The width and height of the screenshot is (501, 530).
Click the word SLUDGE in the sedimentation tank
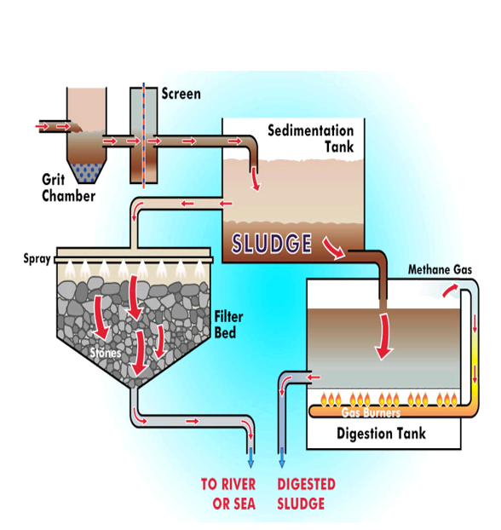[x=272, y=244]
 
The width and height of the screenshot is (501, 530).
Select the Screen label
[x=181, y=94]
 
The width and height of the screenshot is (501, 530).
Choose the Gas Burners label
[x=371, y=413]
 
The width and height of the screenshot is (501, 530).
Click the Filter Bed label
[x=228, y=325]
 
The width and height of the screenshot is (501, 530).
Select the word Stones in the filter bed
[x=106, y=352]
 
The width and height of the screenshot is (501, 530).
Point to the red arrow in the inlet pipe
[x=43, y=126]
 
